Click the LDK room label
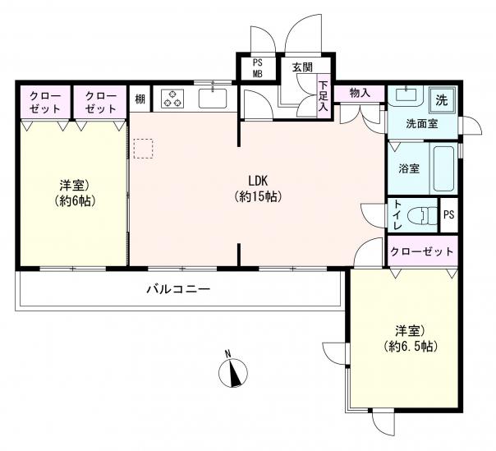point(258,181)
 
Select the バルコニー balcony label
point(178,289)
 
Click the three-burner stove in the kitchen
point(172,99)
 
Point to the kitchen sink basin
point(213,99)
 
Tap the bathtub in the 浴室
point(443,168)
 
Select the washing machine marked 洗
point(443,100)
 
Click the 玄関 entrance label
point(302,67)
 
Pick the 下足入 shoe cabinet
point(324,96)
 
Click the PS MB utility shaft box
point(258,68)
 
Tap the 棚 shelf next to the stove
point(140,99)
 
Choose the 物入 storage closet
point(360,94)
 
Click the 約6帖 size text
point(75,200)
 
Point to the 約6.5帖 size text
point(411,347)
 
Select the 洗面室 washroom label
point(422,124)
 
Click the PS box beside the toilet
point(449,215)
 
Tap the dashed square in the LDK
point(143,148)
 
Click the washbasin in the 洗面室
point(406,94)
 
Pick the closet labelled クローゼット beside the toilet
point(423,251)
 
